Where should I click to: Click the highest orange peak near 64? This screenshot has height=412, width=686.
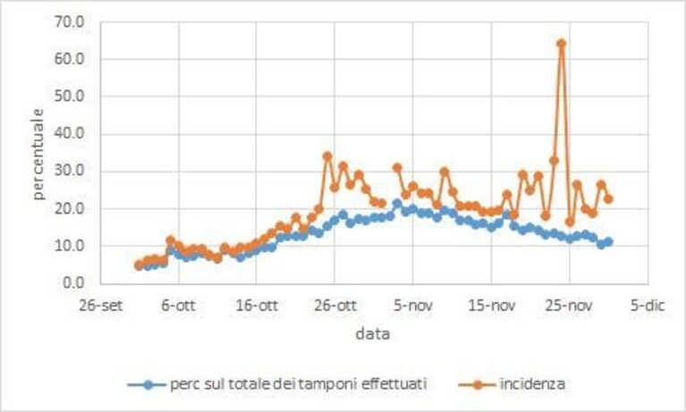pos(562,43)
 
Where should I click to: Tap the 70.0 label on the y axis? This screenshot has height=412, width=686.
pos(69,21)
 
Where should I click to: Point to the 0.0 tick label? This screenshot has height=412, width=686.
pos(74,283)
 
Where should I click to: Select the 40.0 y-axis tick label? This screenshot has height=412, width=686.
pos(69,134)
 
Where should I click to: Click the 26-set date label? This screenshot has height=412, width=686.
pos(101,306)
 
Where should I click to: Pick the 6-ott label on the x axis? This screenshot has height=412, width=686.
pos(179,306)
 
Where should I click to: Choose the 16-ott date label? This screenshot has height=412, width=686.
pos(257,306)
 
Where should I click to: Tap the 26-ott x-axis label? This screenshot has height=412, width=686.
pos(335,306)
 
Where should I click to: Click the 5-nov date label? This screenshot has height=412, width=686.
pos(413,306)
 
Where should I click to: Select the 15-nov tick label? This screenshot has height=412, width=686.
pos(491,306)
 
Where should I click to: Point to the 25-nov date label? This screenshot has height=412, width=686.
pos(570,306)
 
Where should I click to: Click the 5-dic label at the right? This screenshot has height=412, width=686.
pos(648,306)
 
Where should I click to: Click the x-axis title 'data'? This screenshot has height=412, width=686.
pos(372,334)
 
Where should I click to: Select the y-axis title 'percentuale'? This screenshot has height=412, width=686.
pos(38,154)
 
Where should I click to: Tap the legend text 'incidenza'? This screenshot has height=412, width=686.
pos(532,384)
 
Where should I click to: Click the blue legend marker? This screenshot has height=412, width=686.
pos(148,385)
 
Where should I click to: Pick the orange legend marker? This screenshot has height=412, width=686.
pos(478,385)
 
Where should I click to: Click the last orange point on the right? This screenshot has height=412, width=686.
pos(608,199)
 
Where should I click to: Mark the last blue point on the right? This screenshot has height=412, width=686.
pos(608,242)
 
